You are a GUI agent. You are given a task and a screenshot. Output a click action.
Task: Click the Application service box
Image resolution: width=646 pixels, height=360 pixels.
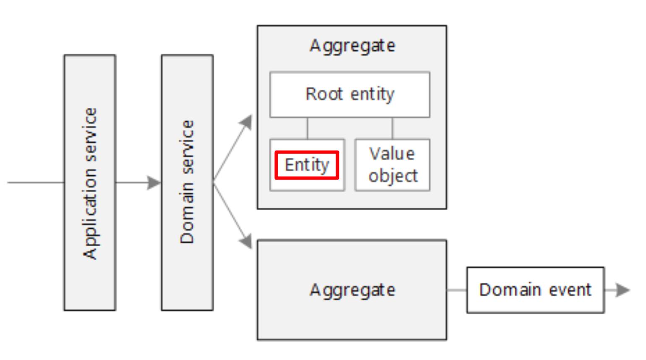[x=90, y=183]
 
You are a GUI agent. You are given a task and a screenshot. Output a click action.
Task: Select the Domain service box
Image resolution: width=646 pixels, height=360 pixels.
[x=187, y=183]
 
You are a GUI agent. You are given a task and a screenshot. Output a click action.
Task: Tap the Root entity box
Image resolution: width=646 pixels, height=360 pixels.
[x=350, y=94]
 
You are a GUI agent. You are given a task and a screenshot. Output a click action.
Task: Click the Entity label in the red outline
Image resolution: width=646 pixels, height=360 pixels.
[x=307, y=165]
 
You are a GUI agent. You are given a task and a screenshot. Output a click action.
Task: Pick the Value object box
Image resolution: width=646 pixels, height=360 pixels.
[x=393, y=165]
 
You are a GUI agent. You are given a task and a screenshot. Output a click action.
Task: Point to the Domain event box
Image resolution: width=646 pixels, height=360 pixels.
[x=535, y=290]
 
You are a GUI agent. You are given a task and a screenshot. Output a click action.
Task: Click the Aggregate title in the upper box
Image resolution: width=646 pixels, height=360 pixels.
[x=352, y=46]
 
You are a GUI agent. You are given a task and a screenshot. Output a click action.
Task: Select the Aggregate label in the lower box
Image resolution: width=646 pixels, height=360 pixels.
[x=352, y=290]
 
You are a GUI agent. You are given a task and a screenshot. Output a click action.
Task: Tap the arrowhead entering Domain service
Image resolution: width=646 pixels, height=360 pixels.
[x=154, y=183]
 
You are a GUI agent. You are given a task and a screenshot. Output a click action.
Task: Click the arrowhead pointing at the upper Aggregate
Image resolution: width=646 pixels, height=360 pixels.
[x=247, y=122]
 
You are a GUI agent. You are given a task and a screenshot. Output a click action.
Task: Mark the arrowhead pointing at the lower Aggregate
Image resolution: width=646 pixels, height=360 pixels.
[x=246, y=242]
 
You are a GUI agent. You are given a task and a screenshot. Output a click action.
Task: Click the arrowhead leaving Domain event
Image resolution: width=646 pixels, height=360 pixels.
[x=623, y=290]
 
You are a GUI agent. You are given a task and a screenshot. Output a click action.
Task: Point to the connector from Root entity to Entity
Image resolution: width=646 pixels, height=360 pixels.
[x=307, y=128]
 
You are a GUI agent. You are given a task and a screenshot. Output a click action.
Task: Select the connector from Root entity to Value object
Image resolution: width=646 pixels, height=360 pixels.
[x=392, y=128]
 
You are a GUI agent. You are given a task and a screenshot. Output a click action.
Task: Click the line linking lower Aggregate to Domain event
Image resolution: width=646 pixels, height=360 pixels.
[x=456, y=290]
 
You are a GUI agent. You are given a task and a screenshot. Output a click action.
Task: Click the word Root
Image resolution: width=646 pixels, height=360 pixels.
[x=324, y=94]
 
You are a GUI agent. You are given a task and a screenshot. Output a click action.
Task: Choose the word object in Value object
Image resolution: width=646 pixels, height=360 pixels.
[x=393, y=176]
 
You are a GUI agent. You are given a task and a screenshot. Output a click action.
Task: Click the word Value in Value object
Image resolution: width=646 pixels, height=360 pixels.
[x=392, y=154]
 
